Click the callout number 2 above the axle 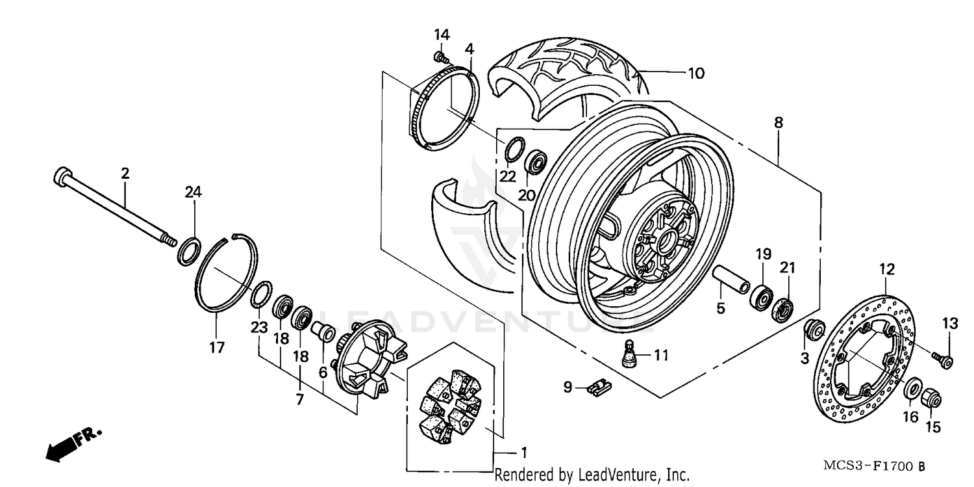tap(125, 174)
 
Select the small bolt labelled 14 tap(441, 58)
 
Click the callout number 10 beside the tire tap(695, 73)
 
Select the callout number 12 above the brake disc tap(887, 269)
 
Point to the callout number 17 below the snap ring tap(217, 347)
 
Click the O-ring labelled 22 tap(512, 148)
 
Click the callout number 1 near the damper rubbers tap(523, 451)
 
